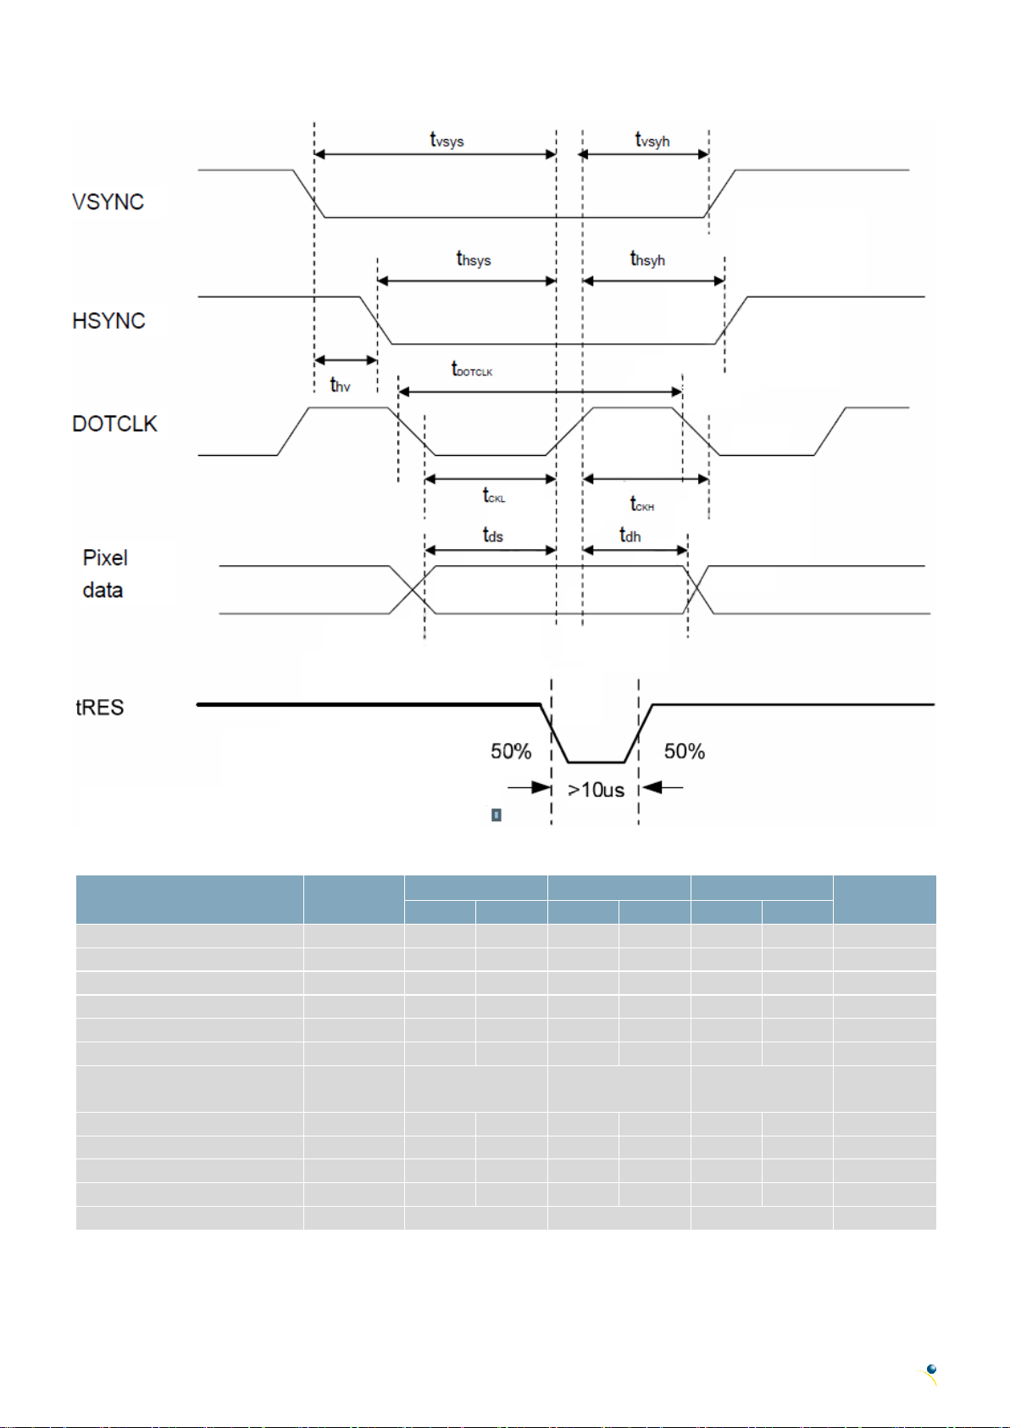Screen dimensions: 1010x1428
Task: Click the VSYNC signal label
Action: (108, 202)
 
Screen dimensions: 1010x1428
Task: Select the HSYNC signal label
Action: (108, 320)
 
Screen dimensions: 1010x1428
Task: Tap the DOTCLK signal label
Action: (114, 424)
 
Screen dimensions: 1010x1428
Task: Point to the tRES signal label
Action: (99, 708)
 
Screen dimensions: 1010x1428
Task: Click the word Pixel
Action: (105, 558)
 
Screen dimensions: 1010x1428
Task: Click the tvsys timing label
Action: (447, 140)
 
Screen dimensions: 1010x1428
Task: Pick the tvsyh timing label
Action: (652, 140)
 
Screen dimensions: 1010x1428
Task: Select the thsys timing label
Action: (474, 258)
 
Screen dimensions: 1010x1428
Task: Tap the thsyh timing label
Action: (647, 258)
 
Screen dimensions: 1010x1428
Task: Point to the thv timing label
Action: (340, 385)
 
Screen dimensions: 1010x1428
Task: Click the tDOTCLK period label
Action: (472, 370)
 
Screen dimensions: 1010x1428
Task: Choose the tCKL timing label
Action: (494, 495)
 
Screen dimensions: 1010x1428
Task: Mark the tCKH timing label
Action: (641, 503)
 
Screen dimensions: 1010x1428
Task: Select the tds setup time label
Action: (492, 535)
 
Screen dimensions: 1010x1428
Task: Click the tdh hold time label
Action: (630, 535)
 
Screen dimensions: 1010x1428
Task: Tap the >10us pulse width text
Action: (596, 791)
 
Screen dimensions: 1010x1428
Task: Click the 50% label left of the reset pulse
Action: (511, 752)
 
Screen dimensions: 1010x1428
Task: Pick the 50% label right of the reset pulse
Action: (685, 752)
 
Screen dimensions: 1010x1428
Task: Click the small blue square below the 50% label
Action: (497, 814)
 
